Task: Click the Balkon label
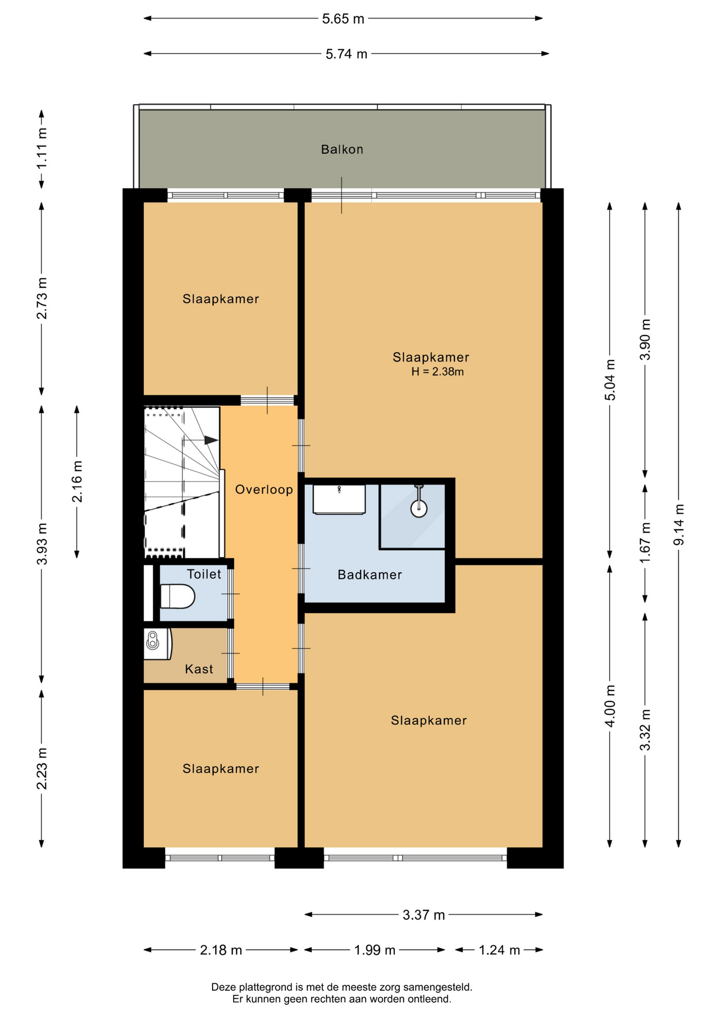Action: [342, 150]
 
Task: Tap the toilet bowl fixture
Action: [178, 596]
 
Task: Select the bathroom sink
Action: [339, 499]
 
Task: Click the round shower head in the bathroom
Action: [419, 508]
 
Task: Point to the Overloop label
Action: [264, 489]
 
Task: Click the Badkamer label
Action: [370, 575]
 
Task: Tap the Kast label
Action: [199, 669]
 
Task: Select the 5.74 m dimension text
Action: [346, 54]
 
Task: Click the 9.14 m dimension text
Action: [679, 524]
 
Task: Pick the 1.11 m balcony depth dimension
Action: [41, 148]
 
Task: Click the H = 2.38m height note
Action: [437, 372]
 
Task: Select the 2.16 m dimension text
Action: [77, 481]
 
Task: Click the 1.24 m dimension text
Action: [499, 950]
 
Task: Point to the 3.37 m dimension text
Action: [424, 915]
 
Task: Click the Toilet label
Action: [204, 574]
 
